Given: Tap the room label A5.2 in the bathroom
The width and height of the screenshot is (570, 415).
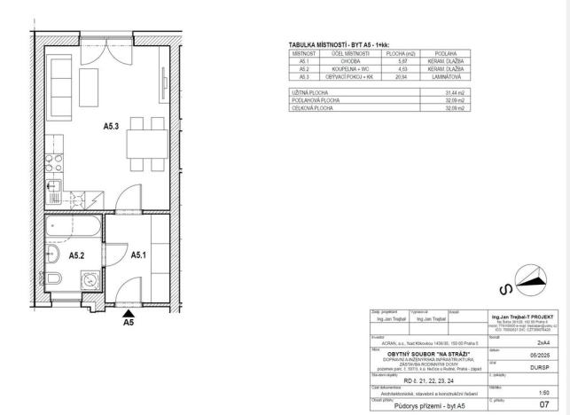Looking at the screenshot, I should tap(76, 254).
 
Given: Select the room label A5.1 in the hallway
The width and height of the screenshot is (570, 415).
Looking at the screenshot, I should tap(138, 254).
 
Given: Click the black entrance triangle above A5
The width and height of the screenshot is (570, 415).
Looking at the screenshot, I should tap(129, 312).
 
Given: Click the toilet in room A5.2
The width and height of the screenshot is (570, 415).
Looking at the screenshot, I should tap(53, 280).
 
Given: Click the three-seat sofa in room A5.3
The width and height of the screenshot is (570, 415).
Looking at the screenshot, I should tap(63, 81).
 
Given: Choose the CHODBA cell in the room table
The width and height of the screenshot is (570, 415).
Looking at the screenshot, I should tap(339, 61).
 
